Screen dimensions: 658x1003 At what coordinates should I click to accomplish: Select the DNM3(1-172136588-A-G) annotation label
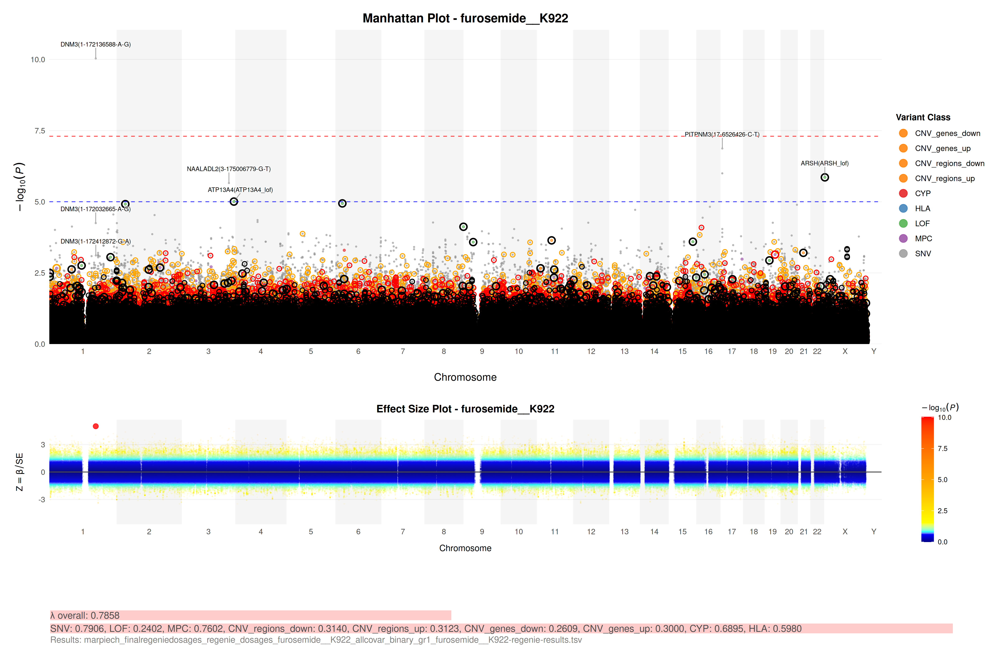(96, 44)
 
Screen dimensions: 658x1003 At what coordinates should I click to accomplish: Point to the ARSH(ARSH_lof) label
(824, 163)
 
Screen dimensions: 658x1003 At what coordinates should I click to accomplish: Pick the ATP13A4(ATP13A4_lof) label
(240, 190)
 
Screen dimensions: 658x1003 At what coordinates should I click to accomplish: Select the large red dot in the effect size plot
(96, 426)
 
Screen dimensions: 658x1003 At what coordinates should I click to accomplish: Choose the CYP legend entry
(923, 193)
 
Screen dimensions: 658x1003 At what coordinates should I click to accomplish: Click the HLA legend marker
(903, 208)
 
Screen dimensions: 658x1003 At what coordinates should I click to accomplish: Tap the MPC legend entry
(923, 238)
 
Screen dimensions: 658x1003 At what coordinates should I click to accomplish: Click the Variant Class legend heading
(923, 118)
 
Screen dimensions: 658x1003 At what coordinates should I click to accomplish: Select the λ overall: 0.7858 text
(85, 615)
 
